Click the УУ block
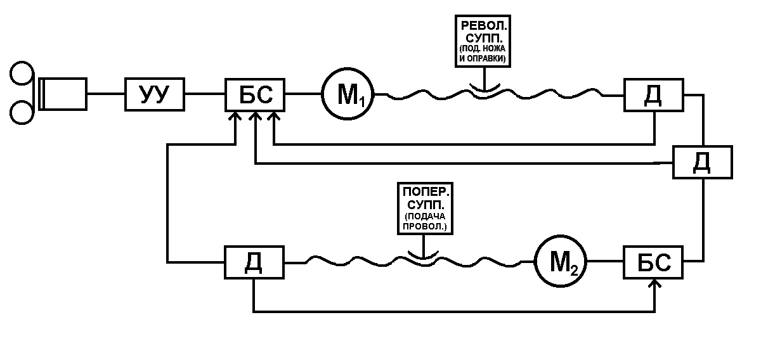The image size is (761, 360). (154, 95)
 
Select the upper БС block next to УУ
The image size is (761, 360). (256, 95)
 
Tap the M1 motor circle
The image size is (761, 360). (348, 95)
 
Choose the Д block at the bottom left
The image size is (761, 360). (254, 262)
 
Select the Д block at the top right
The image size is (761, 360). (653, 95)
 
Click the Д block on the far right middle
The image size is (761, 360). (703, 162)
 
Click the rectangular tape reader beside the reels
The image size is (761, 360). (63, 94)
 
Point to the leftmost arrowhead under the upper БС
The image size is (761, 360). (236, 117)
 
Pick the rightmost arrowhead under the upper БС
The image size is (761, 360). (273, 117)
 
